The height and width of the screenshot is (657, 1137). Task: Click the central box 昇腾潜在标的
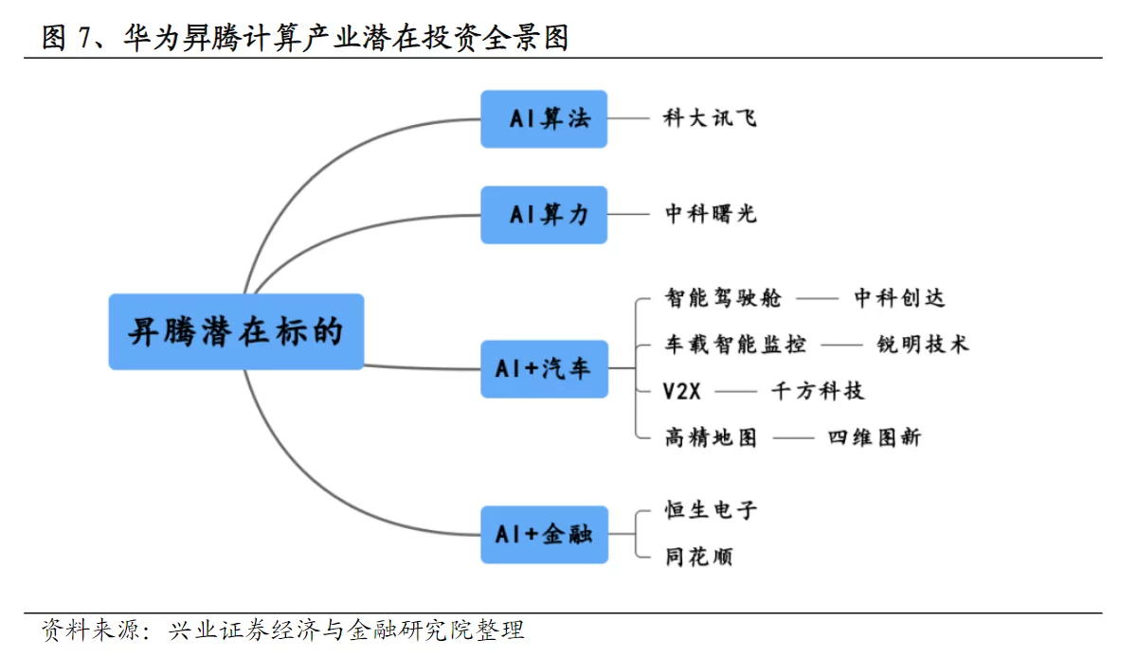click(236, 331)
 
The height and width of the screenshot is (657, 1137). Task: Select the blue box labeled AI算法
click(544, 119)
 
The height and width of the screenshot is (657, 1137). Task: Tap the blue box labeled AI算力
click(544, 215)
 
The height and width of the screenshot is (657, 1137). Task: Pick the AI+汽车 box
click(544, 369)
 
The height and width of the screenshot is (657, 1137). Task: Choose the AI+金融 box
click(544, 534)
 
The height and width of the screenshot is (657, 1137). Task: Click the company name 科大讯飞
click(710, 118)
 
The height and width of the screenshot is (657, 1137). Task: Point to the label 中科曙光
click(711, 214)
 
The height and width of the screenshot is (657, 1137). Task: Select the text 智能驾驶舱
click(723, 298)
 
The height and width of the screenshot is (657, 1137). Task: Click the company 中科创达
click(899, 298)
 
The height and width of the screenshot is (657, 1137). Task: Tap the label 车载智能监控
click(735, 345)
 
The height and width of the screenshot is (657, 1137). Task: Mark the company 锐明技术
click(923, 345)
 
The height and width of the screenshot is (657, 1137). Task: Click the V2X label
click(681, 391)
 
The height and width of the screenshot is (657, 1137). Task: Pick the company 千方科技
click(817, 391)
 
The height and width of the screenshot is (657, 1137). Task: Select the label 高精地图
click(711, 437)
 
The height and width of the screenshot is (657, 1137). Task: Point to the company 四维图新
click(874, 437)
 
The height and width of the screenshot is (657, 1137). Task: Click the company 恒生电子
click(711, 510)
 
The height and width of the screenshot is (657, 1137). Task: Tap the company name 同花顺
click(699, 557)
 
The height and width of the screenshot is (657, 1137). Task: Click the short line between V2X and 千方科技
click(736, 392)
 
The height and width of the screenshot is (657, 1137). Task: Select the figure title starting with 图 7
click(304, 38)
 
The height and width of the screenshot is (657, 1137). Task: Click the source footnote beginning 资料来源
click(282, 630)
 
